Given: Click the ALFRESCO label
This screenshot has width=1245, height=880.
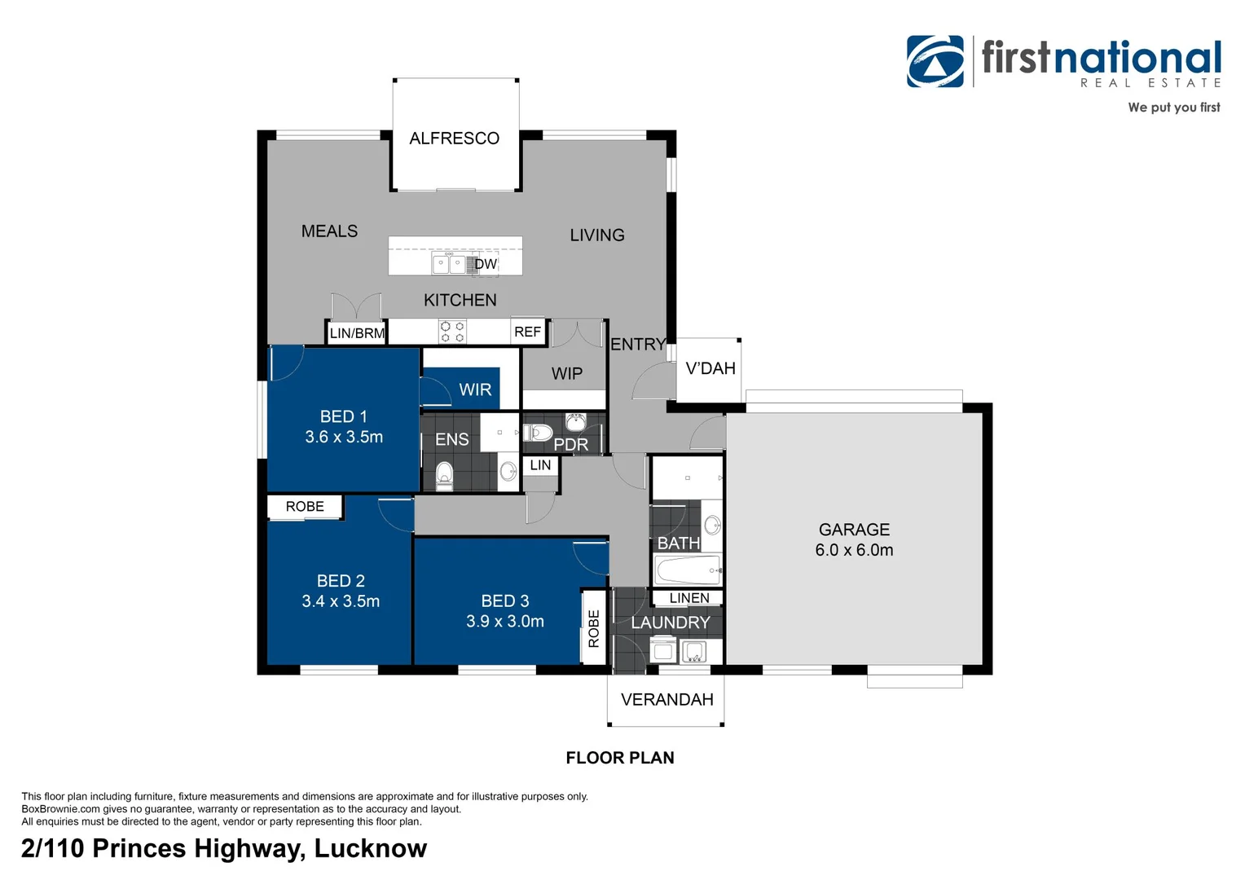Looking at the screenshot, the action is tap(454, 138).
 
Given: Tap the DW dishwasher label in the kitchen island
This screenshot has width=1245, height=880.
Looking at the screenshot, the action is tap(486, 264).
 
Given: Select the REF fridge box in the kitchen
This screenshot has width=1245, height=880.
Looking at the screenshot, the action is tap(527, 332).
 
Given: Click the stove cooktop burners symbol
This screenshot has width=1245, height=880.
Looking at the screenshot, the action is tap(452, 332).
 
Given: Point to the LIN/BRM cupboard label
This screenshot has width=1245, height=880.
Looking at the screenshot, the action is tap(357, 333).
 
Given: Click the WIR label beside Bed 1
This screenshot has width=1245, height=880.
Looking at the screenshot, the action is tap(475, 389).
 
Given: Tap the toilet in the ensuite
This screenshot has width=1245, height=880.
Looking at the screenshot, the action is tap(444, 477).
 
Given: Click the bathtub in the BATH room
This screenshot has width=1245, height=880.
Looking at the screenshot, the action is tap(688, 570).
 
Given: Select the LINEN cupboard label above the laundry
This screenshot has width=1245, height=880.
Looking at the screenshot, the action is tap(689, 597).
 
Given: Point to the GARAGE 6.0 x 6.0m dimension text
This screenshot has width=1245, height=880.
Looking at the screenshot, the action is tap(854, 550).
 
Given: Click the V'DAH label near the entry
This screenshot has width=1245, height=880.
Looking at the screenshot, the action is tap(710, 368).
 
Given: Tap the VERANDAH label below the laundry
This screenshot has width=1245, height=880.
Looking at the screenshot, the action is tap(667, 699).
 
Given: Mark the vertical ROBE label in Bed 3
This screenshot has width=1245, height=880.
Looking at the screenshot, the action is tap(594, 628).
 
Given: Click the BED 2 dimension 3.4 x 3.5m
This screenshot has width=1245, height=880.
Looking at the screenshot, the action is tap(341, 601).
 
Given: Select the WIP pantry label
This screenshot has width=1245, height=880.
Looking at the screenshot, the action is tap(567, 373).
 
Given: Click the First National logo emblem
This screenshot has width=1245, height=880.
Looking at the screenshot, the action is tap(935, 61).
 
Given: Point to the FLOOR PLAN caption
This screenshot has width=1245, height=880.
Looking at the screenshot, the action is tap(620, 758).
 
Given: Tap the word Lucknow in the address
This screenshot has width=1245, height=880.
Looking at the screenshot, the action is tap(371, 848).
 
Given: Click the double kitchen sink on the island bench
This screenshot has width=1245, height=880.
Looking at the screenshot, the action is tap(449, 263).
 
